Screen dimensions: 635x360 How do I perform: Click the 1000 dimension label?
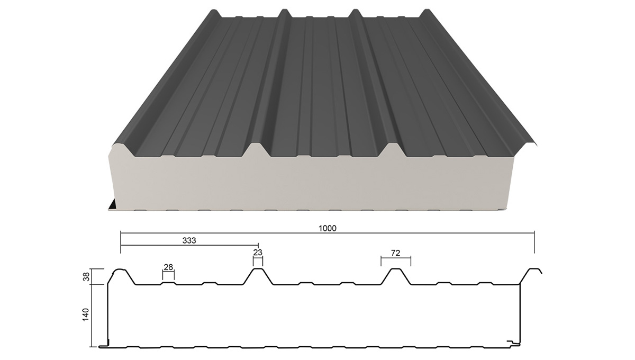328,228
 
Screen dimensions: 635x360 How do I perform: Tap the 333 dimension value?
189,240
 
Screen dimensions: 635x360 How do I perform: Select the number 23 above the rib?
258,252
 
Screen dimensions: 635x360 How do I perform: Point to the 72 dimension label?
395,253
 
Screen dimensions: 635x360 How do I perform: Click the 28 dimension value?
168,267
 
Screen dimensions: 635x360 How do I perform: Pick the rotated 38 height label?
86,276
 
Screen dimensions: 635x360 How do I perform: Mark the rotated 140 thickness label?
86,314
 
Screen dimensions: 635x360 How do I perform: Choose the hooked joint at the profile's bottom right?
514,343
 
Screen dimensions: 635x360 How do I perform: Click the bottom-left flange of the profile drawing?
104,346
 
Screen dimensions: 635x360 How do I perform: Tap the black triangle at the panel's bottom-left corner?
113,205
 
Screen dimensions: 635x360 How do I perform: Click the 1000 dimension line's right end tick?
534,242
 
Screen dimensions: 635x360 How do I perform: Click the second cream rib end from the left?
257,149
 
